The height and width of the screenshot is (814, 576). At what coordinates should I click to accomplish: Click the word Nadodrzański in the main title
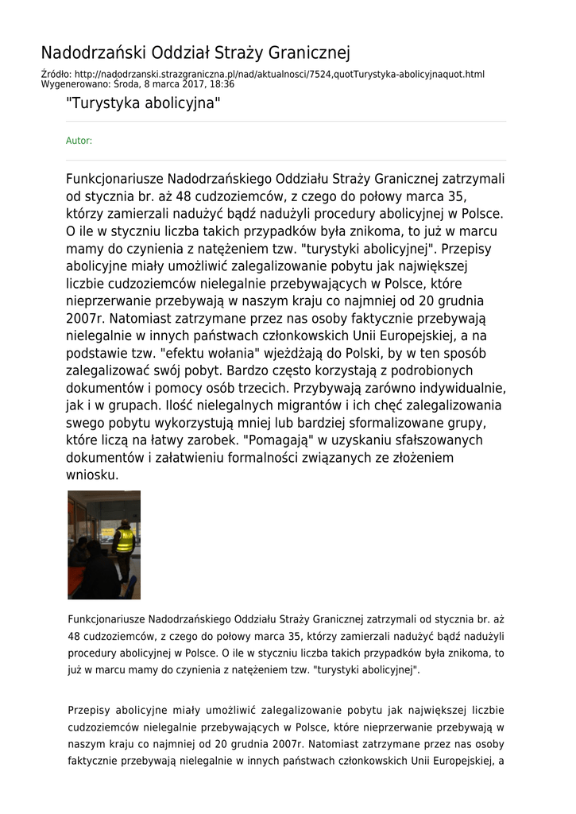tap(89, 53)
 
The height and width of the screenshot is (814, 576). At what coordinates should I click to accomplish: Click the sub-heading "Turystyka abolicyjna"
tap(143, 103)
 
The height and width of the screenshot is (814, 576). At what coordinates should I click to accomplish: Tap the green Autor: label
tap(79, 141)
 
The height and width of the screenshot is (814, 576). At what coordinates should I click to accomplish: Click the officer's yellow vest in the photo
tap(125, 541)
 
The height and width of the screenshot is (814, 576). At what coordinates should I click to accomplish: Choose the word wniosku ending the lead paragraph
tap(91, 475)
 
